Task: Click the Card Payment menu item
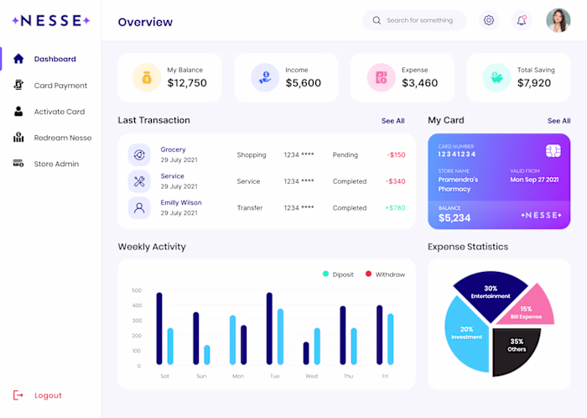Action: (x=60, y=86)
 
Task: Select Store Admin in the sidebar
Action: (x=56, y=164)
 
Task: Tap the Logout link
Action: (x=48, y=395)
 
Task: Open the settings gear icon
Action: (x=489, y=20)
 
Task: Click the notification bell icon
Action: (x=522, y=20)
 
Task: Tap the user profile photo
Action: (x=558, y=20)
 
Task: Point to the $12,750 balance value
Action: (x=187, y=83)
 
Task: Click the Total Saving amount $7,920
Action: (x=534, y=83)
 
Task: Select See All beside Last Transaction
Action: (x=392, y=121)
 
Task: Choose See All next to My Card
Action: (x=558, y=121)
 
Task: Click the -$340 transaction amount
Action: (x=395, y=181)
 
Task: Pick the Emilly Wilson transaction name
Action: (x=181, y=202)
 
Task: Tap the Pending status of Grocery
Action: (x=345, y=155)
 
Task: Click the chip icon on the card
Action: (x=553, y=150)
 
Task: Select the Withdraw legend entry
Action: (x=389, y=274)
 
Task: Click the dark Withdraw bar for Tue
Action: (x=269, y=328)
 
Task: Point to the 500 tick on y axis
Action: (x=137, y=290)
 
